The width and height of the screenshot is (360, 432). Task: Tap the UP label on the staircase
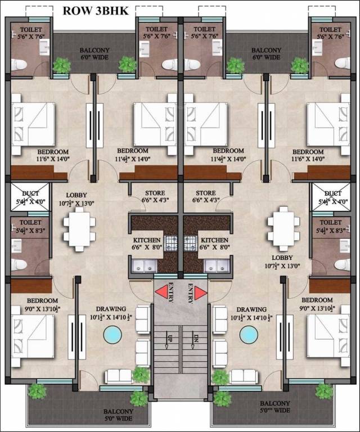pyautogui.click(x=169, y=340)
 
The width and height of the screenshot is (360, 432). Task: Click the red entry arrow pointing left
pyautogui.click(x=164, y=292)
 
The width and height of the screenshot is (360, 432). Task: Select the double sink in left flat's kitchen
pyautogui.click(x=143, y=266)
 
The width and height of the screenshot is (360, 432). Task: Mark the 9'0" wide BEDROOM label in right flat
pyautogui.click(x=317, y=300)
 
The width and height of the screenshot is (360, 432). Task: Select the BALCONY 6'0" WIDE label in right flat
pyautogui.click(x=266, y=53)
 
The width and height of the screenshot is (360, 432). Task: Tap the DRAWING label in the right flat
pyautogui.click(x=251, y=309)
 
